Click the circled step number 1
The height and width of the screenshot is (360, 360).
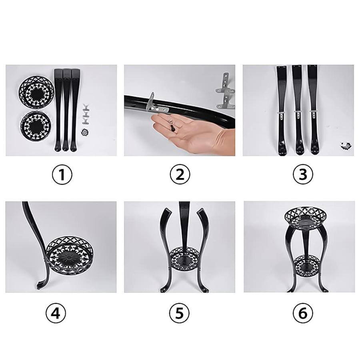(62, 174)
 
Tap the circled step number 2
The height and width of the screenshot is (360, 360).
(180, 174)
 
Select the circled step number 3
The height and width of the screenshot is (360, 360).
(303, 174)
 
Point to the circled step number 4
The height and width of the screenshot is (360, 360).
(56, 313)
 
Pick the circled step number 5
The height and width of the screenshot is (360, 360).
(179, 313)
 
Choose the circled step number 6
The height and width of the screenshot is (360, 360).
(303, 313)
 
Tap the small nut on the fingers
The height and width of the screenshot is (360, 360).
(171, 120)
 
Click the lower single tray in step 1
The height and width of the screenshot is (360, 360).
(36, 126)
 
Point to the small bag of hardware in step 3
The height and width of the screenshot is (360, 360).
(346, 145)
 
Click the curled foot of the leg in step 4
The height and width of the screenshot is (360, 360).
(40, 284)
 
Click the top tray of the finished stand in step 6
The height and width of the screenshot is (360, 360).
(305, 218)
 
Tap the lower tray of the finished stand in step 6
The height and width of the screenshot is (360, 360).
(307, 266)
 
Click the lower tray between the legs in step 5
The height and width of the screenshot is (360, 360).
(185, 259)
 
